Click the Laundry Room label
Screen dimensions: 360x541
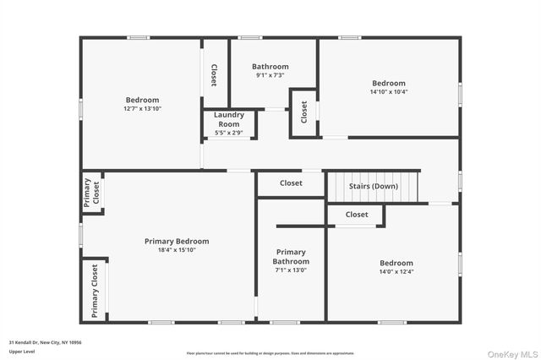click(x=228, y=119)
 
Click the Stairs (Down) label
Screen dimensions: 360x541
click(x=374, y=186)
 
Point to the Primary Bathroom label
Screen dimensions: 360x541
click(x=291, y=257)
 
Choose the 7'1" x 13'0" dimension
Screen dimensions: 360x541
click(x=291, y=270)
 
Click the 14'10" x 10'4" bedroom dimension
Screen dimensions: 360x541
click(x=389, y=92)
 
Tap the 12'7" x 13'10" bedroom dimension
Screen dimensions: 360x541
click(x=142, y=109)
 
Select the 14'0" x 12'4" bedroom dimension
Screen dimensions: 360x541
click(x=396, y=272)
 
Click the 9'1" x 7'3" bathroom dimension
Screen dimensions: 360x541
click(x=270, y=75)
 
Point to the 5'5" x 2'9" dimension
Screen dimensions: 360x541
click(x=228, y=133)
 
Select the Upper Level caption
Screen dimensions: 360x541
click(x=22, y=352)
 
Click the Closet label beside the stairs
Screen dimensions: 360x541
click(x=291, y=183)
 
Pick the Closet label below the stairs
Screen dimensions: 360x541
click(x=357, y=215)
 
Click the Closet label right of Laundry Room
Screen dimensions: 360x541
click(x=303, y=112)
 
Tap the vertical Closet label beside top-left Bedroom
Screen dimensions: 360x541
click(x=214, y=75)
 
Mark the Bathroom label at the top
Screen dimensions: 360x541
click(x=270, y=67)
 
